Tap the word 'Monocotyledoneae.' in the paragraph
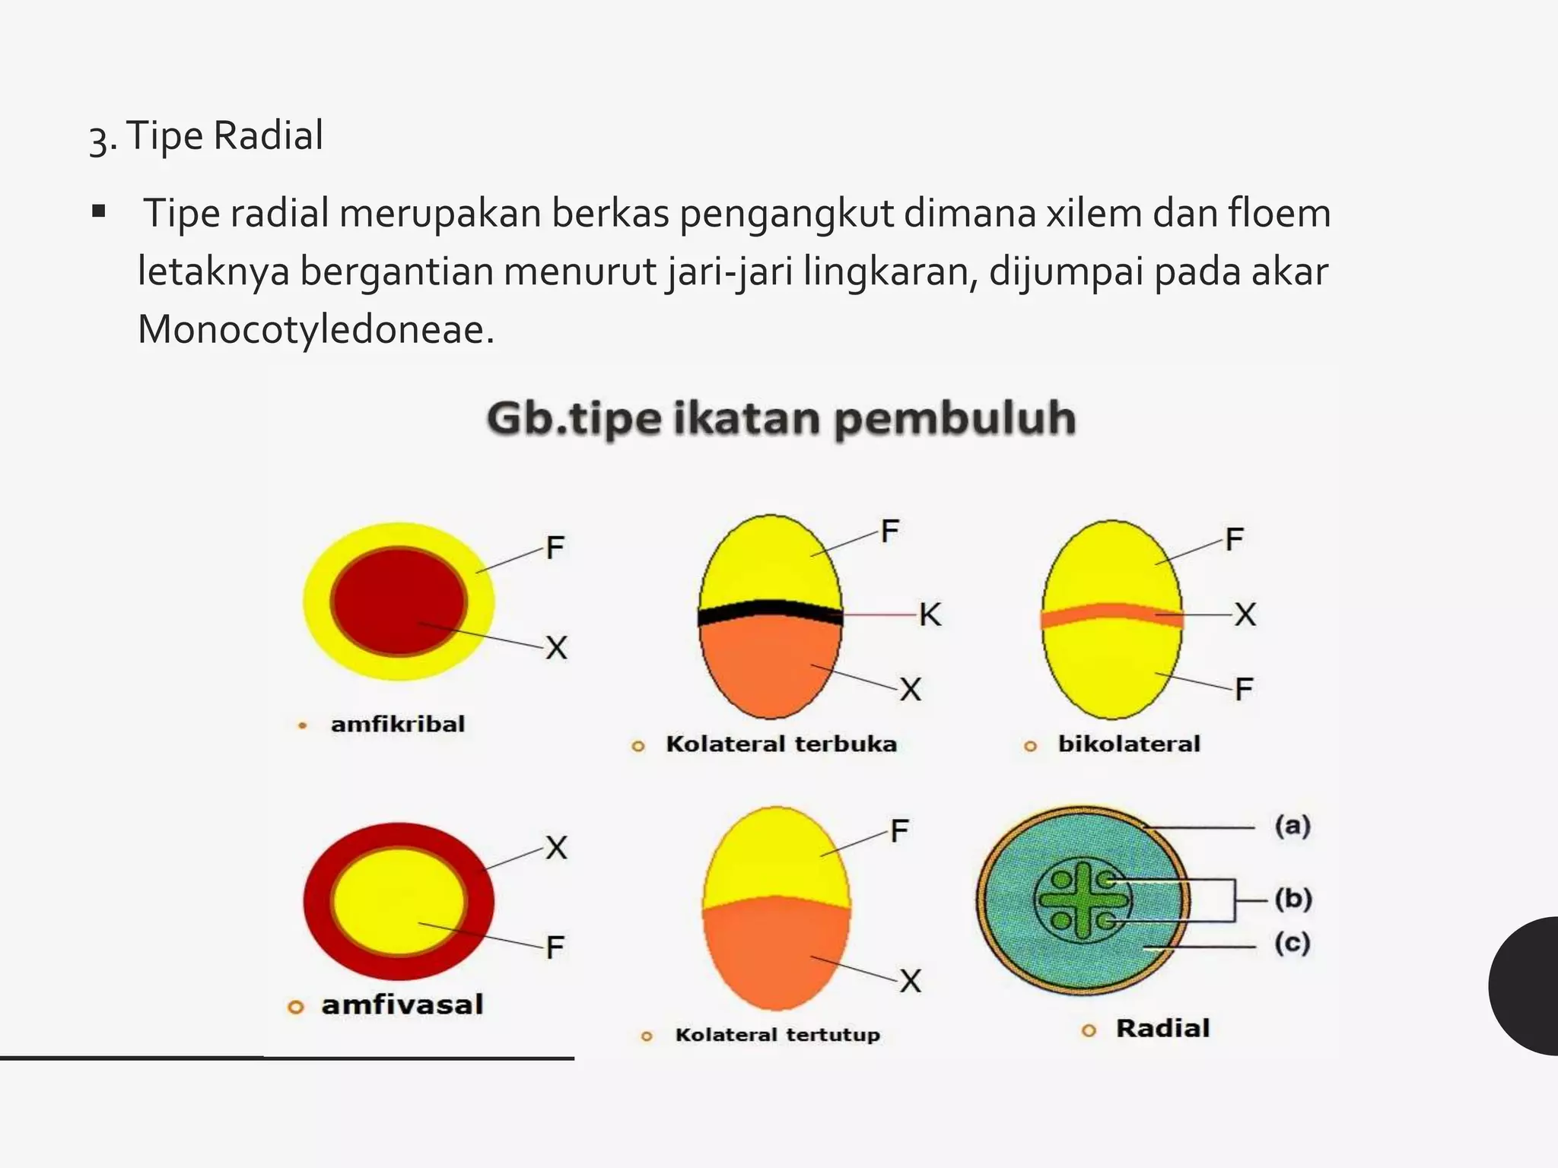316,330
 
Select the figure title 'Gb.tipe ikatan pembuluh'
781,419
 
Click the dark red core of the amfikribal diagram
399,601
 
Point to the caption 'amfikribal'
397,724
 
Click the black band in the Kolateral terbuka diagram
770,611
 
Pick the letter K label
930,614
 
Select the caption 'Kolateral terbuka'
781,744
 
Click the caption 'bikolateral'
1129,744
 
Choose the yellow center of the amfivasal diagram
399,902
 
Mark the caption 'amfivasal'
402,1005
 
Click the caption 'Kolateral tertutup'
777,1035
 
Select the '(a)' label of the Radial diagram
1293,826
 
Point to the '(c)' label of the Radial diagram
1293,944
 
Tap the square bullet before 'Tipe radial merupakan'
98,211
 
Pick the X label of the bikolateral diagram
1245,614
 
